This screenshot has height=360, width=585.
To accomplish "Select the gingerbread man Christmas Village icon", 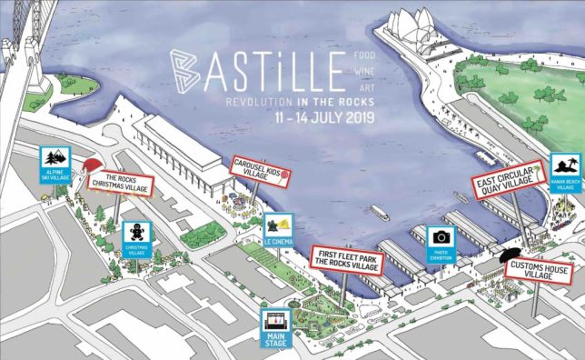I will (x=137, y=235).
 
